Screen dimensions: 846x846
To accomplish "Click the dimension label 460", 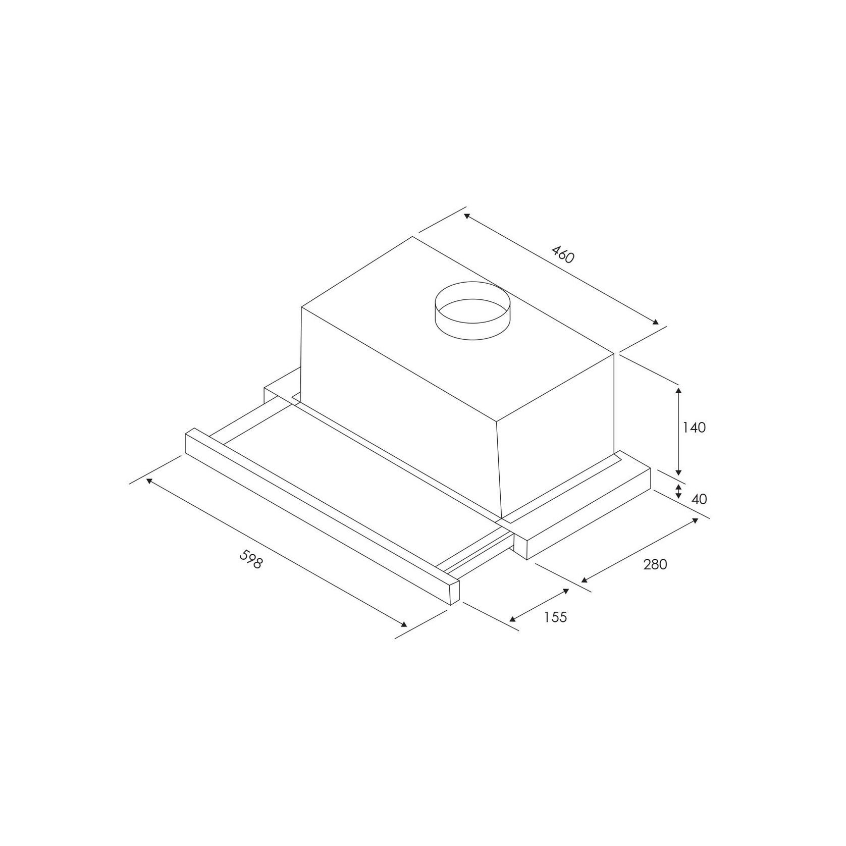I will (x=562, y=254).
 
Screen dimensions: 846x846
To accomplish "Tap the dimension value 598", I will (x=251, y=559).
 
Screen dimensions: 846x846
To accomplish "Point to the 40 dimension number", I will (x=699, y=499).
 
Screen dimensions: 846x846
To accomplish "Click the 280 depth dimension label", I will (x=655, y=564).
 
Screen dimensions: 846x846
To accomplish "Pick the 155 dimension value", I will (x=556, y=617).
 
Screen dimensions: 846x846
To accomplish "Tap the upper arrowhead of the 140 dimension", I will (x=679, y=390).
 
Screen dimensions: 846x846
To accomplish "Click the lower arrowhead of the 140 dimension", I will (x=679, y=472).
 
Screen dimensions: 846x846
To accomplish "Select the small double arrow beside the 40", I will (x=679, y=491).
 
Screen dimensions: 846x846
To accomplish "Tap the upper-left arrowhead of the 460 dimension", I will (x=467, y=216).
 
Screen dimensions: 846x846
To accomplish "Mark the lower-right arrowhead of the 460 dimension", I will (x=655, y=323).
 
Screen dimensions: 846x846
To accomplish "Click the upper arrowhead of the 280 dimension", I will (x=696, y=520).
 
